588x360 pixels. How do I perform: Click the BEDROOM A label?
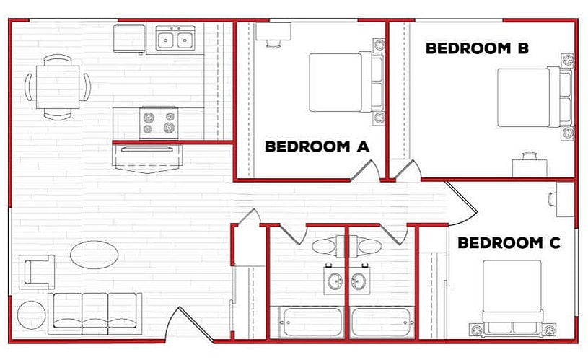317,146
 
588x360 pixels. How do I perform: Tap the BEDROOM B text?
477,48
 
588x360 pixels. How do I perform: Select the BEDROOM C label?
509,243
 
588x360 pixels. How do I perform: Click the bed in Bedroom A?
344,82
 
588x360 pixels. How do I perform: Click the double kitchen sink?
175,38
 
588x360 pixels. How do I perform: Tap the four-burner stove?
159,121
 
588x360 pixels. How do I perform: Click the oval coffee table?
95,253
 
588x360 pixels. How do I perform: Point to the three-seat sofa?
95,312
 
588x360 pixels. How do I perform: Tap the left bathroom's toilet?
324,246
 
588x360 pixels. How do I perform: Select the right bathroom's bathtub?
382,322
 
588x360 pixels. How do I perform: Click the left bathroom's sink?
335,280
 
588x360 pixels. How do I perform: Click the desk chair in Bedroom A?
273,42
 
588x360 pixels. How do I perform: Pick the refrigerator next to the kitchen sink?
130,38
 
